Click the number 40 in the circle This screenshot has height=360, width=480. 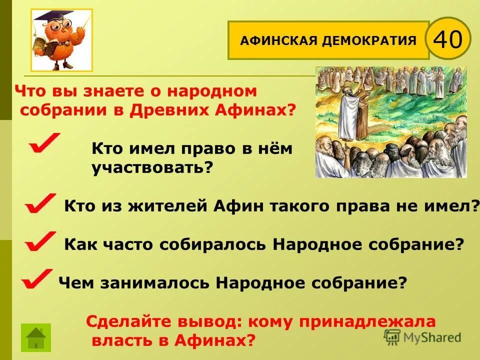click(448, 38)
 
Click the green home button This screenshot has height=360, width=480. click(35, 337)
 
